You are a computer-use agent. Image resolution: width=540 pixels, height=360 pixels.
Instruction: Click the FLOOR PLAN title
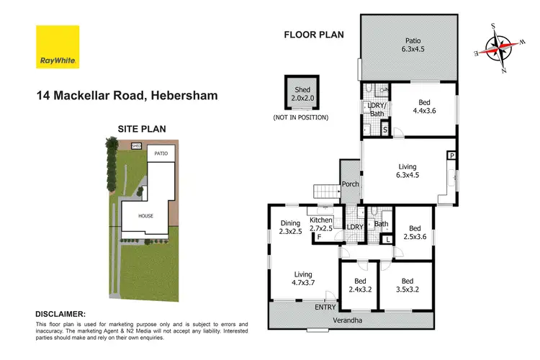pos(314,34)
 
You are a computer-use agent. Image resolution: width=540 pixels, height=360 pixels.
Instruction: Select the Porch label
pos(350,184)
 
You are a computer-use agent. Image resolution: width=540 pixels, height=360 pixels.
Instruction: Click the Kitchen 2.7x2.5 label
pos(321,224)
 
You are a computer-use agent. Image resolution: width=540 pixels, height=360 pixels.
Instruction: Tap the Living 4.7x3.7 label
pos(304,278)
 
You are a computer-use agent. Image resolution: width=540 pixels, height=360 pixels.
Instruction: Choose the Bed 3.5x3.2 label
pos(407,285)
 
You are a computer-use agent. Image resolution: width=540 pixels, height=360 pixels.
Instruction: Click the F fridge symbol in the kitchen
pos(319,237)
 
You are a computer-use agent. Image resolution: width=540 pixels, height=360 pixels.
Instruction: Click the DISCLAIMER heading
pos(60,315)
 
